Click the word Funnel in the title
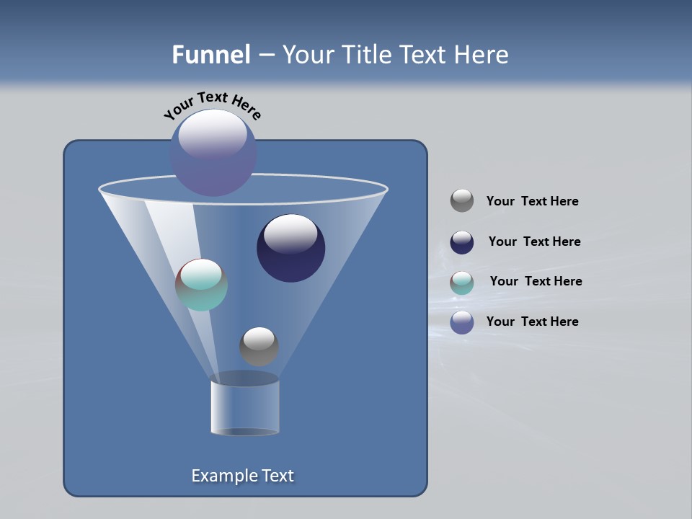[x=211, y=55]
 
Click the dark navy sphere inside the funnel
[x=291, y=249]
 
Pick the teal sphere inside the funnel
[x=201, y=285]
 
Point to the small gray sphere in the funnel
[x=259, y=347]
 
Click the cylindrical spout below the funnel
[x=245, y=407]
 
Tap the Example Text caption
[x=243, y=476]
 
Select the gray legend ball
[x=462, y=200]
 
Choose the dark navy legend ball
[x=462, y=242]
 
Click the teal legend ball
[x=462, y=283]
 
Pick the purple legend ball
[x=462, y=322]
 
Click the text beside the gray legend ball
[x=533, y=202]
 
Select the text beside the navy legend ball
[x=534, y=242]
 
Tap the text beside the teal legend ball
[x=536, y=282]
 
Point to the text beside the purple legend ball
[x=533, y=321]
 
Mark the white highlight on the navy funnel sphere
[x=291, y=234]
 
